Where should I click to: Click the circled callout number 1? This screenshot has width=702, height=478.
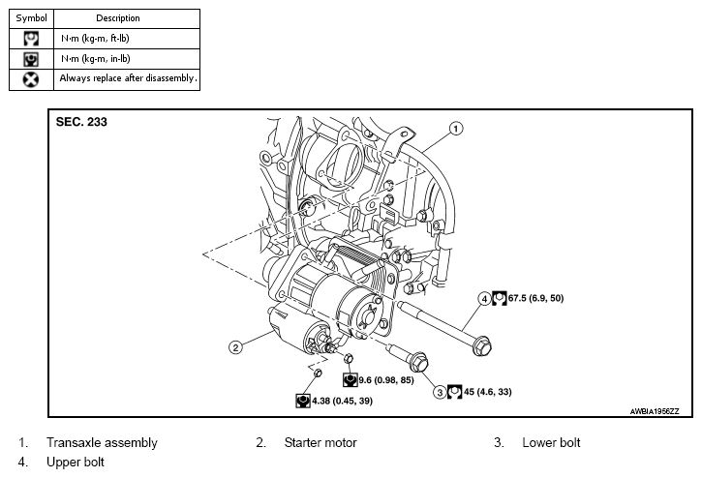coord(456,129)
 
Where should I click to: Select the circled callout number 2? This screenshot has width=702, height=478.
coord(235,347)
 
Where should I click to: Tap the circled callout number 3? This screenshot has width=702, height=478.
coord(440,393)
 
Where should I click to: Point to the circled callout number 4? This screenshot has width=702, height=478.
coord(484,299)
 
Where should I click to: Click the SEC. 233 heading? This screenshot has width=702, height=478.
coord(81,122)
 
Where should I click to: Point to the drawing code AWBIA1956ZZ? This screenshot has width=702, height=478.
coord(655,411)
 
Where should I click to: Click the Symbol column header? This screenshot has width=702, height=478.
coord(31,18)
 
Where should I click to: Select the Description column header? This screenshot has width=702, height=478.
coord(118,18)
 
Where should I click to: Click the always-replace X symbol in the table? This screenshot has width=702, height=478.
coord(31,79)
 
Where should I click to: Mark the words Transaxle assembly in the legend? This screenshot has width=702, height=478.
coord(102,442)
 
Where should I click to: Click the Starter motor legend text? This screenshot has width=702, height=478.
coord(320,442)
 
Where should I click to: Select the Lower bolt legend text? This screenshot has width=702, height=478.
coord(551,442)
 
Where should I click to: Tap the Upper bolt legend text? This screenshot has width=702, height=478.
coord(76,462)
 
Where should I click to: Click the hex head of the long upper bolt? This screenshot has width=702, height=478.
coord(482,346)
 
